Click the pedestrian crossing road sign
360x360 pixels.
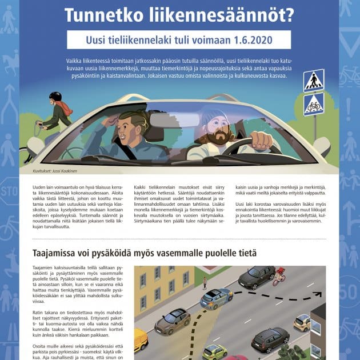(x=314, y=80)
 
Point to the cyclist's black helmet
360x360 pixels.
(x=55, y=97)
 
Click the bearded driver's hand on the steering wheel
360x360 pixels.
(x=261, y=139)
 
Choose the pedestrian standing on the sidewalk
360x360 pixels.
(x=205, y=282)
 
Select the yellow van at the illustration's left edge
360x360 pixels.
(x=140, y=339)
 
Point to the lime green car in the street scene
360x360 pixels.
(x=215, y=351)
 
